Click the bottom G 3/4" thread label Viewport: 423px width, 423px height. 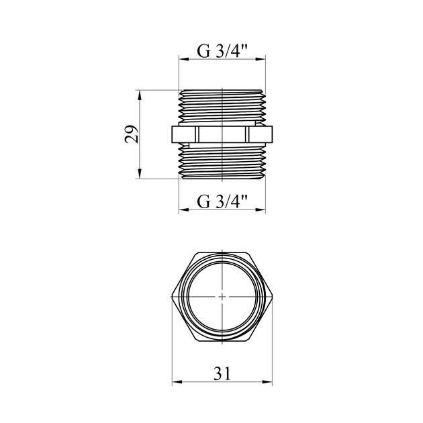click(x=222, y=201)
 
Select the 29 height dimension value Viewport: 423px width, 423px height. click(x=132, y=134)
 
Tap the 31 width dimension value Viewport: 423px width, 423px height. click(x=222, y=373)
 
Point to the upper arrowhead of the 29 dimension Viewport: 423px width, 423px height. click(x=140, y=95)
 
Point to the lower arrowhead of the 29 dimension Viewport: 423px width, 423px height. click(x=140, y=173)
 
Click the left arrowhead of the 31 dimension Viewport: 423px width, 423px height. click(x=177, y=382)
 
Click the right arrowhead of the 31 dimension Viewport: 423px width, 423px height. click(x=267, y=382)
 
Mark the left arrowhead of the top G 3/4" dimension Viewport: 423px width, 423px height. click(x=184, y=59)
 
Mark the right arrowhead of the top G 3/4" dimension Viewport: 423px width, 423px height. click(x=261, y=59)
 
